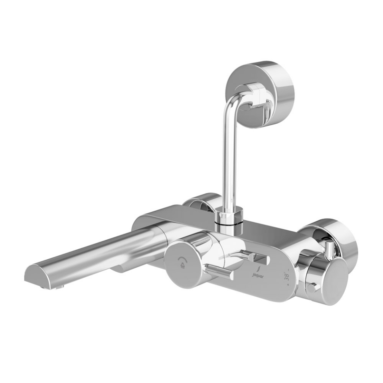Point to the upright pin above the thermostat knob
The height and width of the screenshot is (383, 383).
coord(330,251)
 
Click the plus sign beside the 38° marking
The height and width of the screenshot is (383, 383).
coord(286,284)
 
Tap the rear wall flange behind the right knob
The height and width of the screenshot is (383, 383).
coord(339,235)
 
